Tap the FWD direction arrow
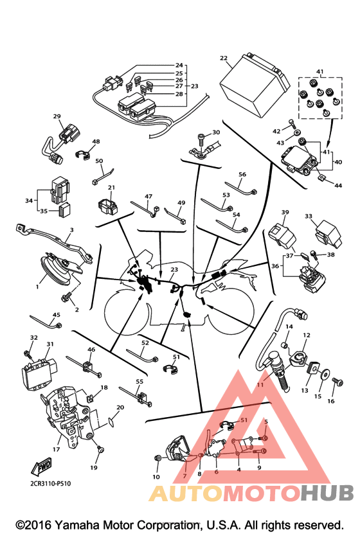click(42, 467)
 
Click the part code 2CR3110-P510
click(51, 483)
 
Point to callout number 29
click(57, 116)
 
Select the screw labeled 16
click(337, 382)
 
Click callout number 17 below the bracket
click(56, 450)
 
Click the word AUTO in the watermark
click(186, 493)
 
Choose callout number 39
click(285, 212)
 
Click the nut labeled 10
click(157, 458)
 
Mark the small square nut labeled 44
click(321, 177)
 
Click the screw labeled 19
click(100, 450)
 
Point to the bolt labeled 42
click(291, 123)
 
